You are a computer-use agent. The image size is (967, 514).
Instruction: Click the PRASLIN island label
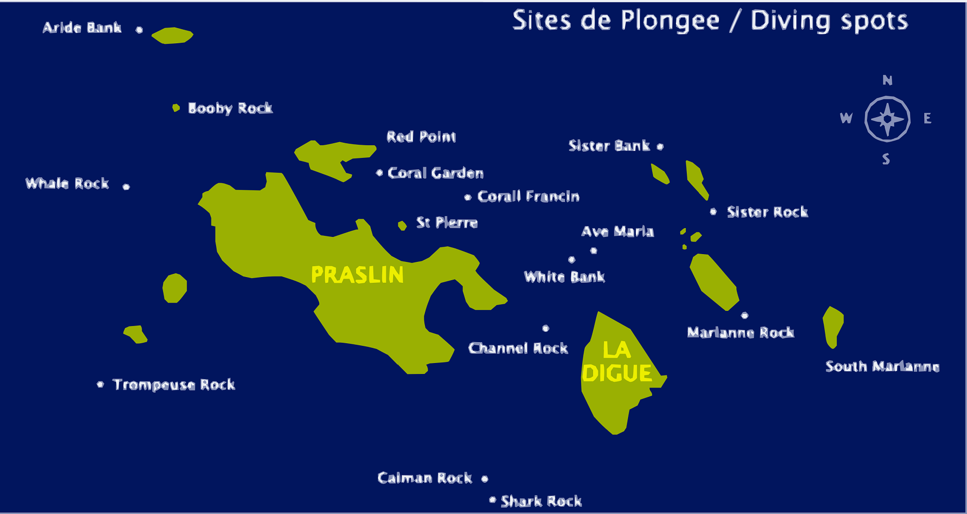click(357, 275)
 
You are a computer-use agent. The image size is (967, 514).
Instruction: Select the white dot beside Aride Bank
click(139, 30)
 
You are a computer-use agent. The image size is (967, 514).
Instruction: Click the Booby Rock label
click(230, 108)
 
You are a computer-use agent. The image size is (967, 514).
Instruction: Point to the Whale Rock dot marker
click(126, 186)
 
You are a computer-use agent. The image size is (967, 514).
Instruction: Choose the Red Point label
click(421, 137)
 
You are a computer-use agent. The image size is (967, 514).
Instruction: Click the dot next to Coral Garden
click(379, 172)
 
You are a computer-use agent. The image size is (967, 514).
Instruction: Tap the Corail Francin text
click(528, 196)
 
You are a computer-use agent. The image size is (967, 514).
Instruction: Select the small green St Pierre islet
click(402, 225)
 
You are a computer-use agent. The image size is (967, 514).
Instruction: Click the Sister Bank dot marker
click(660, 147)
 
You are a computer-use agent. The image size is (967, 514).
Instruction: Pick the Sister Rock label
click(767, 212)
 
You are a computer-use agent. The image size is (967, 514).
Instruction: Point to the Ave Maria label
click(617, 231)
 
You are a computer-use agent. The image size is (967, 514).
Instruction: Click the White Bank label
click(564, 277)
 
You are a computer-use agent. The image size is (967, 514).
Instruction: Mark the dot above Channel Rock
click(545, 328)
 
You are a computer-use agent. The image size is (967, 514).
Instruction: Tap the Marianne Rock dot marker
click(745, 316)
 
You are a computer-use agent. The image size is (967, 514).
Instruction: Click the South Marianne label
click(882, 367)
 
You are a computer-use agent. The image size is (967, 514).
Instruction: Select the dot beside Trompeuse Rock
click(101, 384)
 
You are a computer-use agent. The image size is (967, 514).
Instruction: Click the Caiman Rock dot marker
click(484, 479)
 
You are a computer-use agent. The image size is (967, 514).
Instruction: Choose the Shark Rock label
click(541, 502)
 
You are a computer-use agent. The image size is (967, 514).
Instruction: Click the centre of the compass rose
click(887, 119)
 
